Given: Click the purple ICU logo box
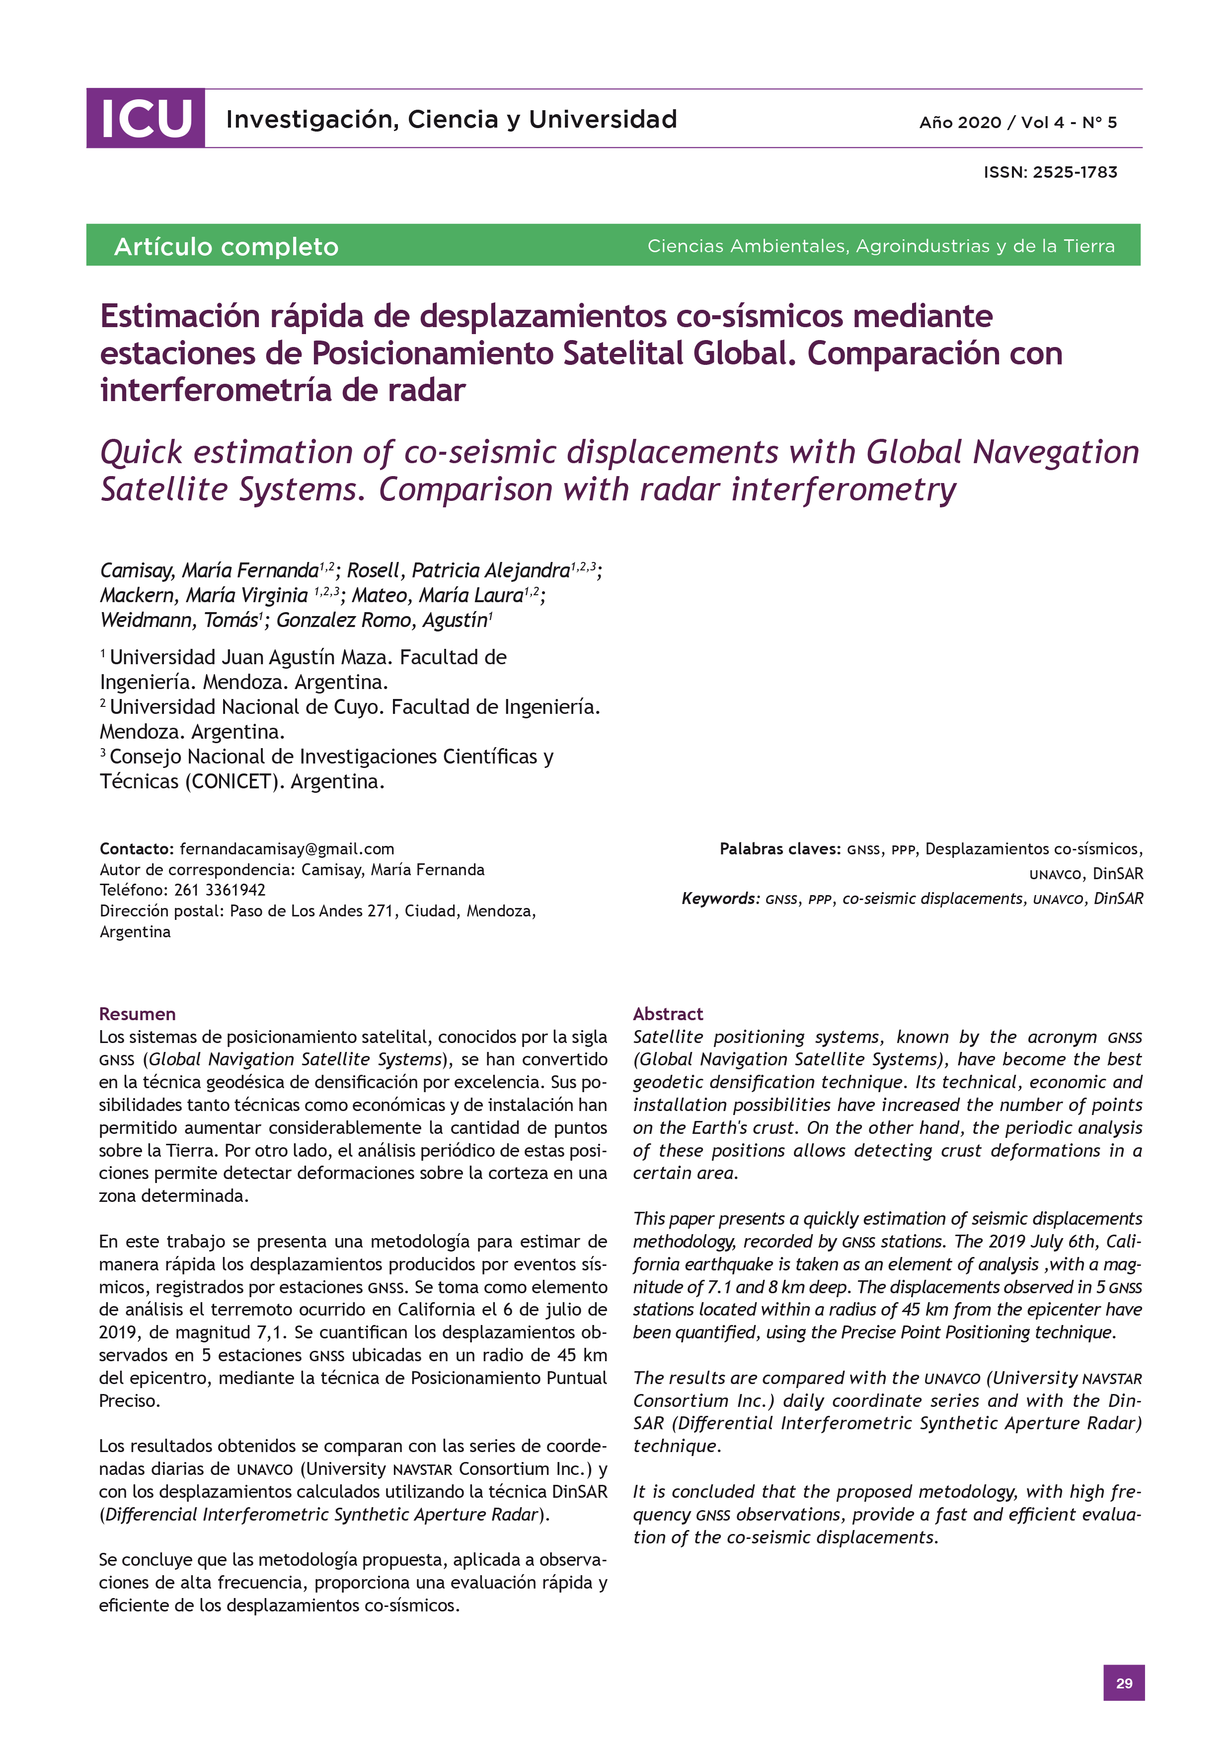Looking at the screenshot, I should [145, 118].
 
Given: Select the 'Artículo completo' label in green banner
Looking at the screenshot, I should [226, 246].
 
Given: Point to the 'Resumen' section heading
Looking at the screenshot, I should [137, 1014].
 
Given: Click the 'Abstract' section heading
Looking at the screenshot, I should [668, 1014].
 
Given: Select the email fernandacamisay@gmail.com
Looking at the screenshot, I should [287, 848].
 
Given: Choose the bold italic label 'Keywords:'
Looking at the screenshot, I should [720, 899].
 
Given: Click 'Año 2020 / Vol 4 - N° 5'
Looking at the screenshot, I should [1017, 122].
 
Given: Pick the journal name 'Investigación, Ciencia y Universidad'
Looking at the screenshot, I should [452, 119].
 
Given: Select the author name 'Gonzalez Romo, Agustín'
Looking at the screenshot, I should [382, 620].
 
